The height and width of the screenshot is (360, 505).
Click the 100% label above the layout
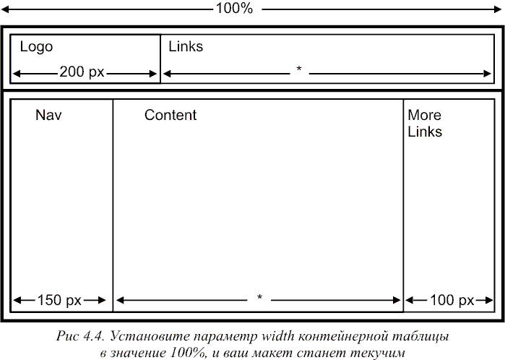click(x=234, y=8)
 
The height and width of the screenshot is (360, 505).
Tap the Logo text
click(x=36, y=47)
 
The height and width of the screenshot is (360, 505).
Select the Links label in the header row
click(x=186, y=46)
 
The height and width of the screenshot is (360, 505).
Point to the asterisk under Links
click(x=299, y=69)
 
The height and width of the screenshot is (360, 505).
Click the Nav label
click(x=48, y=115)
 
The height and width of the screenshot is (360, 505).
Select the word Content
click(x=171, y=115)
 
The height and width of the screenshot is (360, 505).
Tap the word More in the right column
click(x=425, y=115)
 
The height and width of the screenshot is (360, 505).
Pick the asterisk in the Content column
click(x=259, y=297)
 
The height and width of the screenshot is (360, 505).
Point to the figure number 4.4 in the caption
click(x=93, y=336)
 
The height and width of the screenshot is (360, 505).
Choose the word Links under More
click(x=425, y=132)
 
